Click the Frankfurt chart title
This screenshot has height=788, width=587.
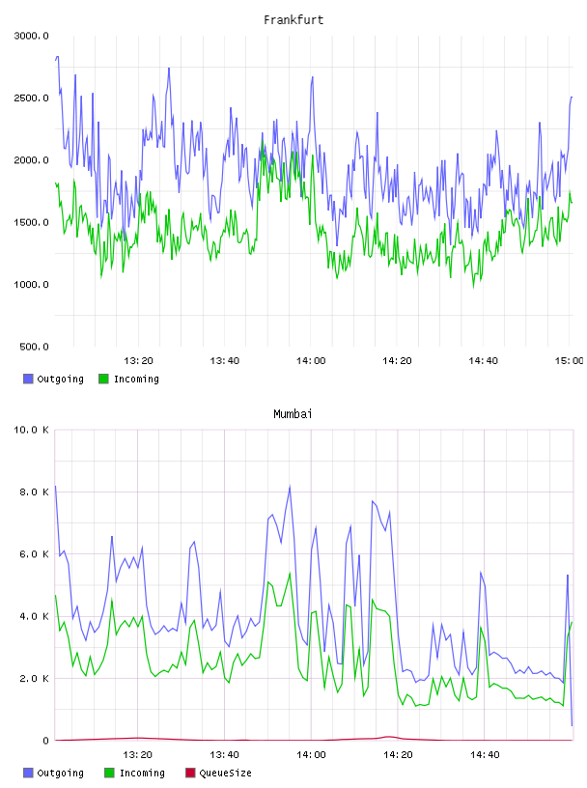pyautogui.click(x=293, y=20)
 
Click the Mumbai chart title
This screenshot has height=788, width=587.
pyautogui.click(x=293, y=414)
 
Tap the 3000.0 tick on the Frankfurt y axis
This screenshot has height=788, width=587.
pyautogui.click(x=31, y=36)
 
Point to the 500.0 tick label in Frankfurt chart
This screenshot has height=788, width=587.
pyautogui.click(x=34, y=347)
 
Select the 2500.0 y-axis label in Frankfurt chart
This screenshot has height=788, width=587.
pyautogui.click(x=31, y=98)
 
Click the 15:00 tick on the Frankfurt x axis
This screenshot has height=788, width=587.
pyautogui.click(x=569, y=361)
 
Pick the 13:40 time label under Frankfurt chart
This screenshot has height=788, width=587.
pyautogui.click(x=225, y=361)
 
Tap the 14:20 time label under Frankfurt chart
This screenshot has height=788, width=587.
pyautogui.click(x=397, y=361)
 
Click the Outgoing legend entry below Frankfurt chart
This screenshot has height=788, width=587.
pyautogui.click(x=53, y=379)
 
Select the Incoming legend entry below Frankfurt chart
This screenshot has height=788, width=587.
pyautogui.click(x=128, y=379)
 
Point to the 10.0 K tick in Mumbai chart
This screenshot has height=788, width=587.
pyautogui.click(x=31, y=430)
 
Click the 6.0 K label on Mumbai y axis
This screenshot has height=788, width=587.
pyautogui.click(x=34, y=554)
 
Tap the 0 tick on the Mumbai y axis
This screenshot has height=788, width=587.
pyautogui.click(x=45, y=741)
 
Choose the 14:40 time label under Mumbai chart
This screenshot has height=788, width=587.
pyautogui.click(x=485, y=755)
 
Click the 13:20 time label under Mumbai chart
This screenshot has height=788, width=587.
pyautogui.click(x=138, y=755)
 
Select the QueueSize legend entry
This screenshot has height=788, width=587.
pyautogui.click(x=218, y=773)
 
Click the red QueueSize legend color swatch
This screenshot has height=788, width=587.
pyautogui.click(x=190, y=773)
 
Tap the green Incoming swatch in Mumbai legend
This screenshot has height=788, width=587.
pyautogui.click(x=109, y=773)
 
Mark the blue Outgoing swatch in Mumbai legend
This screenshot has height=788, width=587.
pyautogui.click(x=28, y=773)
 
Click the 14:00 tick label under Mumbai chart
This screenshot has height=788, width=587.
pyautogui.click(x=311, y=755)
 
